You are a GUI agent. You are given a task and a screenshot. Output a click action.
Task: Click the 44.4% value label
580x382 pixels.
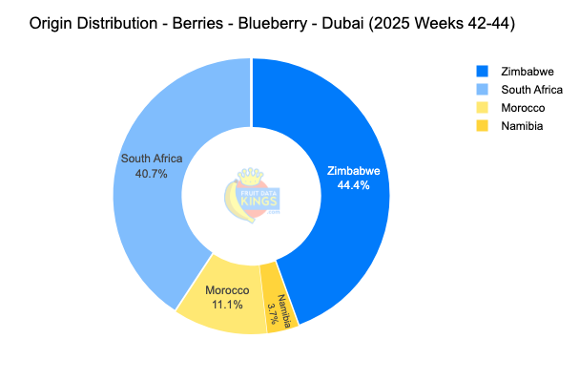354,185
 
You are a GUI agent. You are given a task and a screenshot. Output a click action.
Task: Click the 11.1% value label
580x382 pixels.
227,304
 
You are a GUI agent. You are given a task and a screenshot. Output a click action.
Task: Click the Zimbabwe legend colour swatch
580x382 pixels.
482,71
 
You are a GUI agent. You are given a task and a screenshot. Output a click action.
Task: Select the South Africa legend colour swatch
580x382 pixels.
482,89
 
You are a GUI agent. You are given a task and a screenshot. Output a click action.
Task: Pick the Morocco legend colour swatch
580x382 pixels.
482,107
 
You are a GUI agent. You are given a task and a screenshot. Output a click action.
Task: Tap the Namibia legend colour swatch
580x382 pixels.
482,125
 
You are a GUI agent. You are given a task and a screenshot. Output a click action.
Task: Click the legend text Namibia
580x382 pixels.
522,125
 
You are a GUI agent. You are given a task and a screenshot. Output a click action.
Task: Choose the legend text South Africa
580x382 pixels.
531,89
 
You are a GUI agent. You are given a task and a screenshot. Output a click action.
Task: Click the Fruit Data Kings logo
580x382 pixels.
251,194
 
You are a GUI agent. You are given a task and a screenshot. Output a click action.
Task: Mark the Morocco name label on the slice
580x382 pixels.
227,290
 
